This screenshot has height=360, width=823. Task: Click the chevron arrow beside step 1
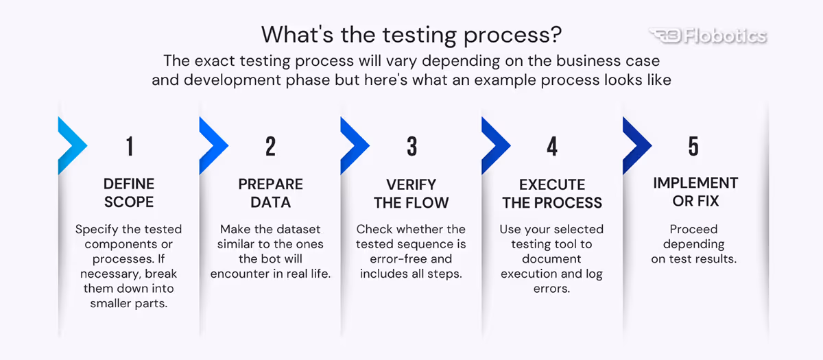coord(72,145)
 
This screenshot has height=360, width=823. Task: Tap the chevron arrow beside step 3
coord(354,145)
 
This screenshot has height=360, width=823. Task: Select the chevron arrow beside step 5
coord(636,145)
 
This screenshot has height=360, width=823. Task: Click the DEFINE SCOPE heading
coord(129,193)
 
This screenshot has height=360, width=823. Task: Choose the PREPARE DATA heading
coord(270,193)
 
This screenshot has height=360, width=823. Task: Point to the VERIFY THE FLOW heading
coord(411,193)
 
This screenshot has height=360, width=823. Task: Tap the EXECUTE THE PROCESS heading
coord(552,193)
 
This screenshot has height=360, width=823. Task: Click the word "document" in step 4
coord(551,259)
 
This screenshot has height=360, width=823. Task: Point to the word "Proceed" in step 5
coord(693,229)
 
